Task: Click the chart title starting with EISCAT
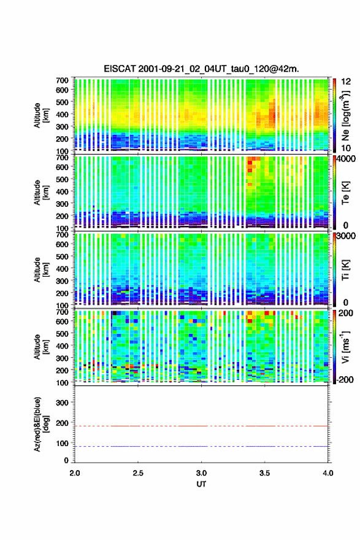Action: click(x=201, y=69)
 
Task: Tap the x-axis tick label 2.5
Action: click(x=138, y=473)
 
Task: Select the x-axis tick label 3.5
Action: click(x=264, y=473)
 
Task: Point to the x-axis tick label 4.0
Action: click(x=327, y=473)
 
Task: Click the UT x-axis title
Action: click(x=201, y=484)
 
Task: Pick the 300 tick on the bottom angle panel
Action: click(x=63, y=403)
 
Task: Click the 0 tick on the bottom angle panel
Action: click(x=66, y=460)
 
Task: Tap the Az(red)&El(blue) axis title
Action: click(x=41, y=424)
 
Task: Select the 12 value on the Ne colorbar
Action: click(x=347, y=82)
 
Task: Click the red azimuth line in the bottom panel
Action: click(x=201, y=426)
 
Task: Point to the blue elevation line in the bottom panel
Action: click(x=201, y=446)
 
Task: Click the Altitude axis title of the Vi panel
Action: click(x=41, y=347)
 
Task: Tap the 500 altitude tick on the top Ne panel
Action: click(x=63, y=102)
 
